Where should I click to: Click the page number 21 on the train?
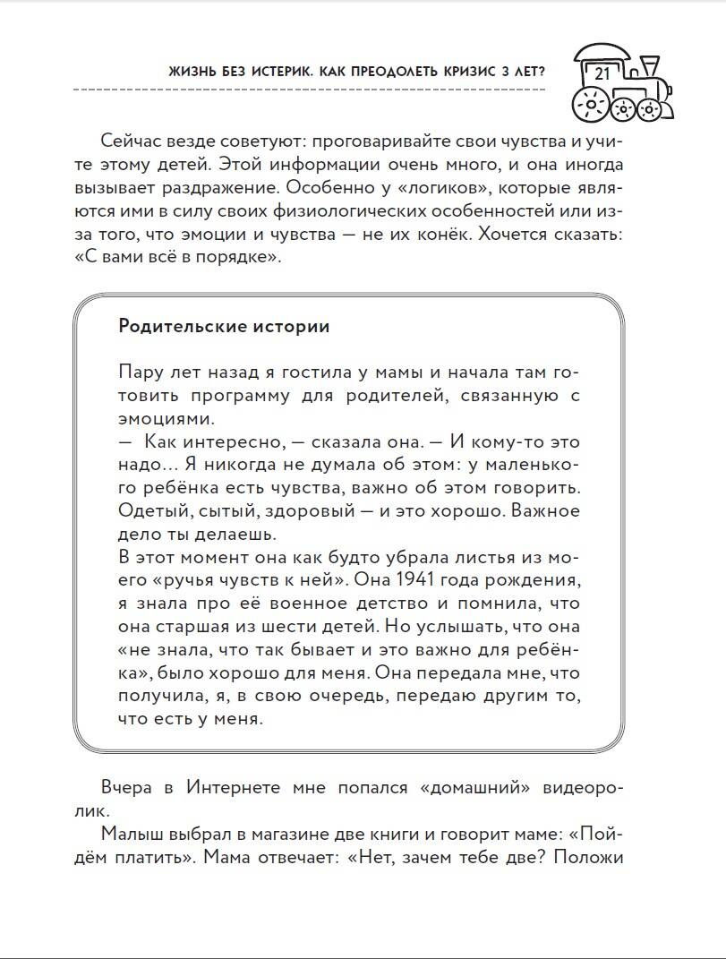pos(602,73)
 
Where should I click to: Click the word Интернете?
pos(235,787)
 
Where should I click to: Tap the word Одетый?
pos(147,510)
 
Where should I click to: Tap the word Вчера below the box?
pos(129,787)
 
